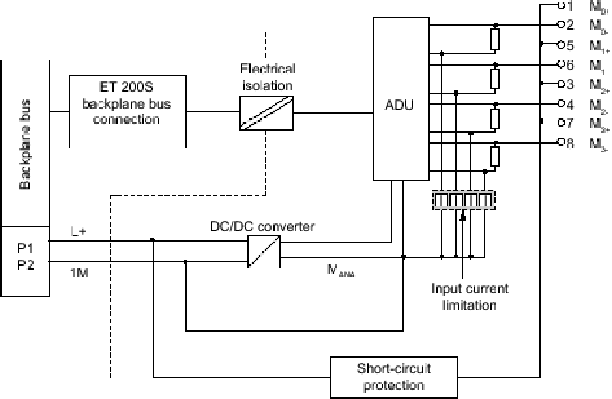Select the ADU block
[x=397, y=99]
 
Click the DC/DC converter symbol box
[x=263, y=250]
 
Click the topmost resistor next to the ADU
[x=495, y=37]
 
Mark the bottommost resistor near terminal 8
[x=495, y=155]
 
